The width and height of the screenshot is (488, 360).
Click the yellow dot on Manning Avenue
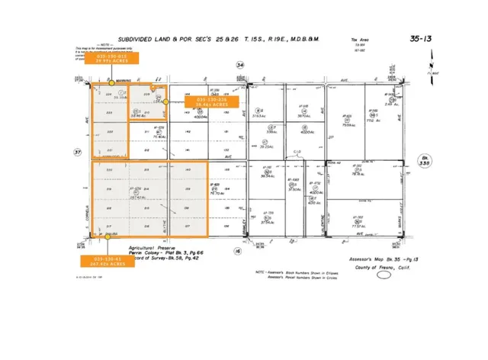click(112, 82)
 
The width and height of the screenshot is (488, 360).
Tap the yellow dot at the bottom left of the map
click(109, 237)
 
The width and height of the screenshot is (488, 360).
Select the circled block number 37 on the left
click(77, 152)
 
